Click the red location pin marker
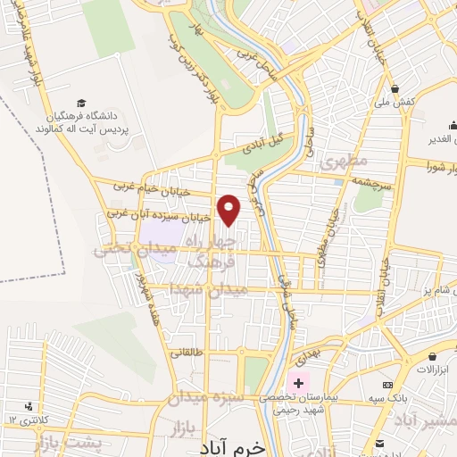coord(230,209)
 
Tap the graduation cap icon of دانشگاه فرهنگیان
coord(82,104)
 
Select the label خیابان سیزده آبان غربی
coord(159,215)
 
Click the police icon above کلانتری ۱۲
coord(32,404)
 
